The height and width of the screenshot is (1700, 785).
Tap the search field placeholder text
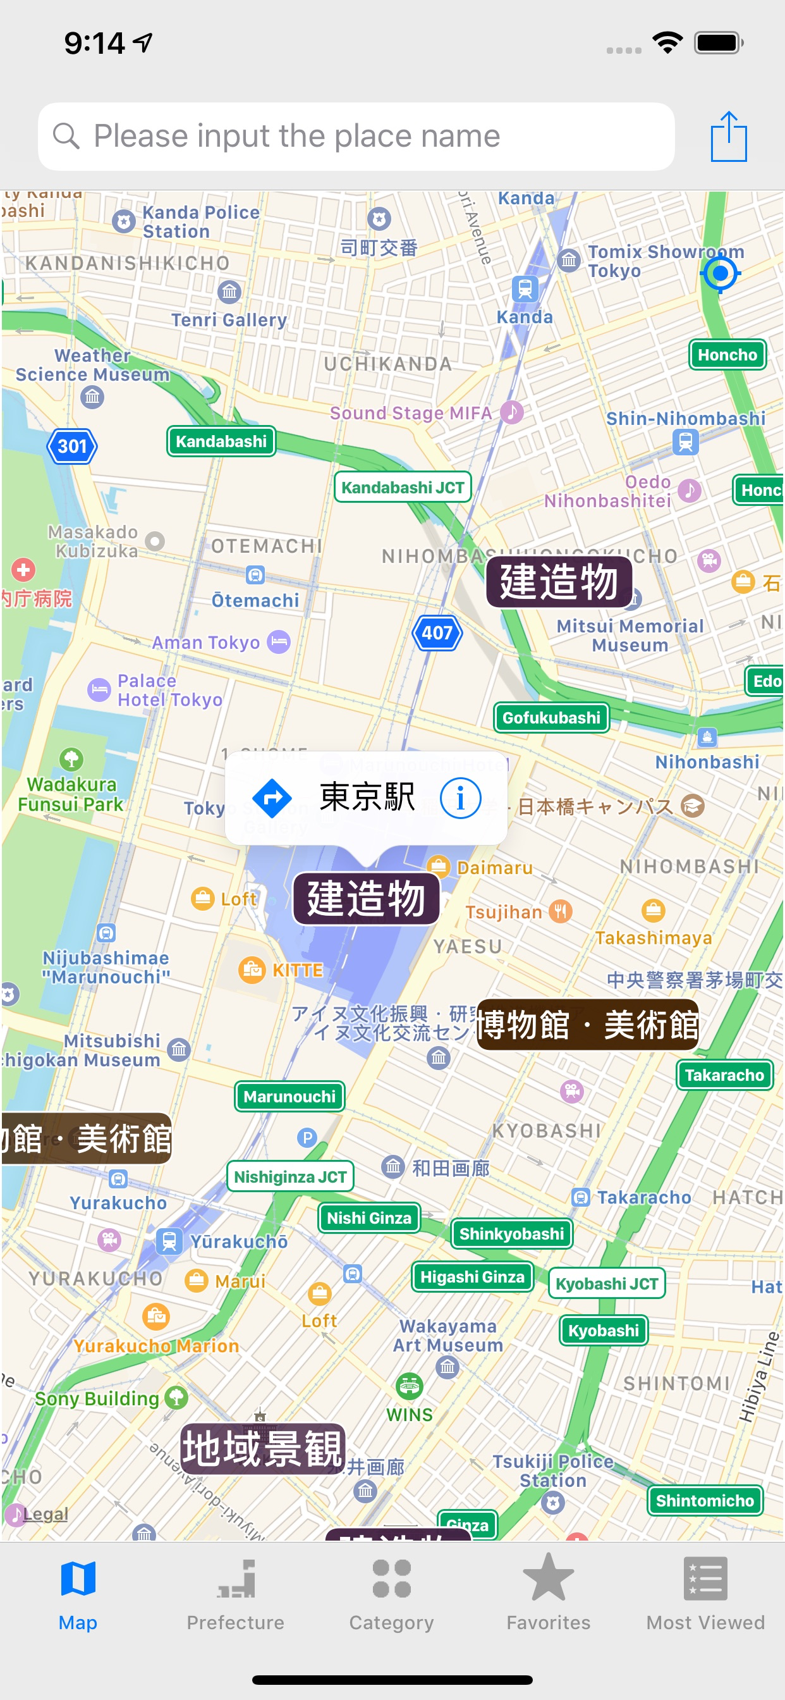pos(297,137)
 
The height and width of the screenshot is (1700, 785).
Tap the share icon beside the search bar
pos(728,137)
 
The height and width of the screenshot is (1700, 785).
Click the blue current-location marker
pos(720,273)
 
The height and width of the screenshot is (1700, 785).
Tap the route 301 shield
pos(72,447)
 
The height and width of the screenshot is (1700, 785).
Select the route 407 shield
pos(437,633)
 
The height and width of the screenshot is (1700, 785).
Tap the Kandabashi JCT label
pos(403,488)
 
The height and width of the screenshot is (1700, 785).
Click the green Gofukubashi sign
pos(552,717)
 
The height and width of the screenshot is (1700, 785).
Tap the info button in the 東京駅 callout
pos(461,798)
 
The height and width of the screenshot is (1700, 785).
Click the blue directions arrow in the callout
pos(272,798)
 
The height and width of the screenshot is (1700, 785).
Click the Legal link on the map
pos(46,1514)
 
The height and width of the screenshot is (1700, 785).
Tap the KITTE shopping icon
pos(252,970)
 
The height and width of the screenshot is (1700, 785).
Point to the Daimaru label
pos(494,867)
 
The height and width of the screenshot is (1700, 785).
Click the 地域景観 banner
pos(262,1449)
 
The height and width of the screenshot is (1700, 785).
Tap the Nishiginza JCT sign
pos(290,1177)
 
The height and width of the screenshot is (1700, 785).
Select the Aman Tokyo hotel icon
pos(279,641)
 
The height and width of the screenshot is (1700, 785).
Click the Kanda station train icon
pos(525,289)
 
